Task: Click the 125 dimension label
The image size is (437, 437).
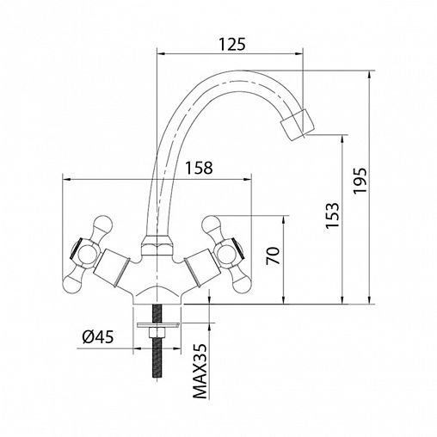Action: (x=232, y=44)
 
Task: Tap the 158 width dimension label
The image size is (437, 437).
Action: (x=199, y=168)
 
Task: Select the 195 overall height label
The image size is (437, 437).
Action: (x=360, y=181)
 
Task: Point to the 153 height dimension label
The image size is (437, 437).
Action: (x=332, y=215)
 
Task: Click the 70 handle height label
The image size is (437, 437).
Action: (x=273, y=255)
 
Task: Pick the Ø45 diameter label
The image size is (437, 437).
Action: (x=98, y=336)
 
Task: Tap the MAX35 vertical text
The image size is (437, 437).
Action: (x=200, y=371)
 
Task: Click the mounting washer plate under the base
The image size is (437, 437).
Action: (x=158, y=325)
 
